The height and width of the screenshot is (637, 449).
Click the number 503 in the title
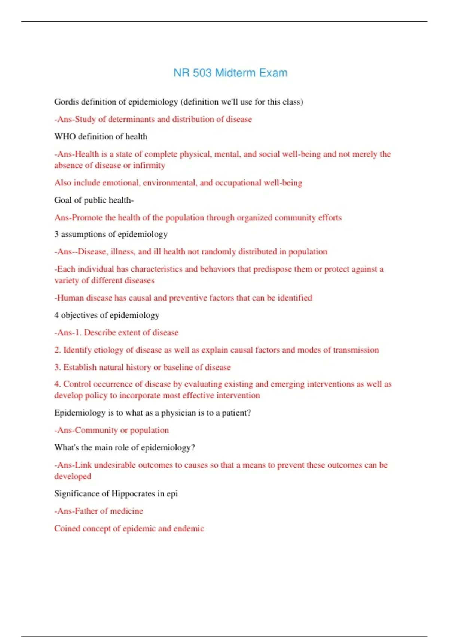click(202, 73)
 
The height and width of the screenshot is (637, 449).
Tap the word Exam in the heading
click(273, 73)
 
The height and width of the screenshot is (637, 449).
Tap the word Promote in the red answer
click(87, 218)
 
